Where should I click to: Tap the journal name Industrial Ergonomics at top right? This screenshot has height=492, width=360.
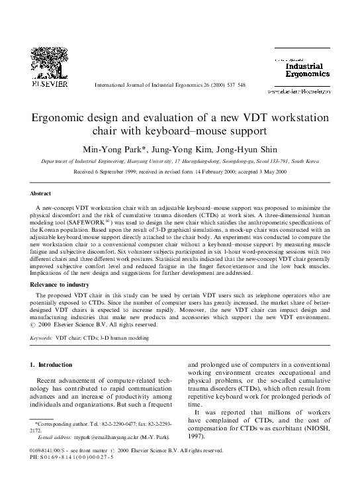(307, 70)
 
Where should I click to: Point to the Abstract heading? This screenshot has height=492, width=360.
(42, 193)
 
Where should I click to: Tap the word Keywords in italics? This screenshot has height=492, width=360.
(42, 338)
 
